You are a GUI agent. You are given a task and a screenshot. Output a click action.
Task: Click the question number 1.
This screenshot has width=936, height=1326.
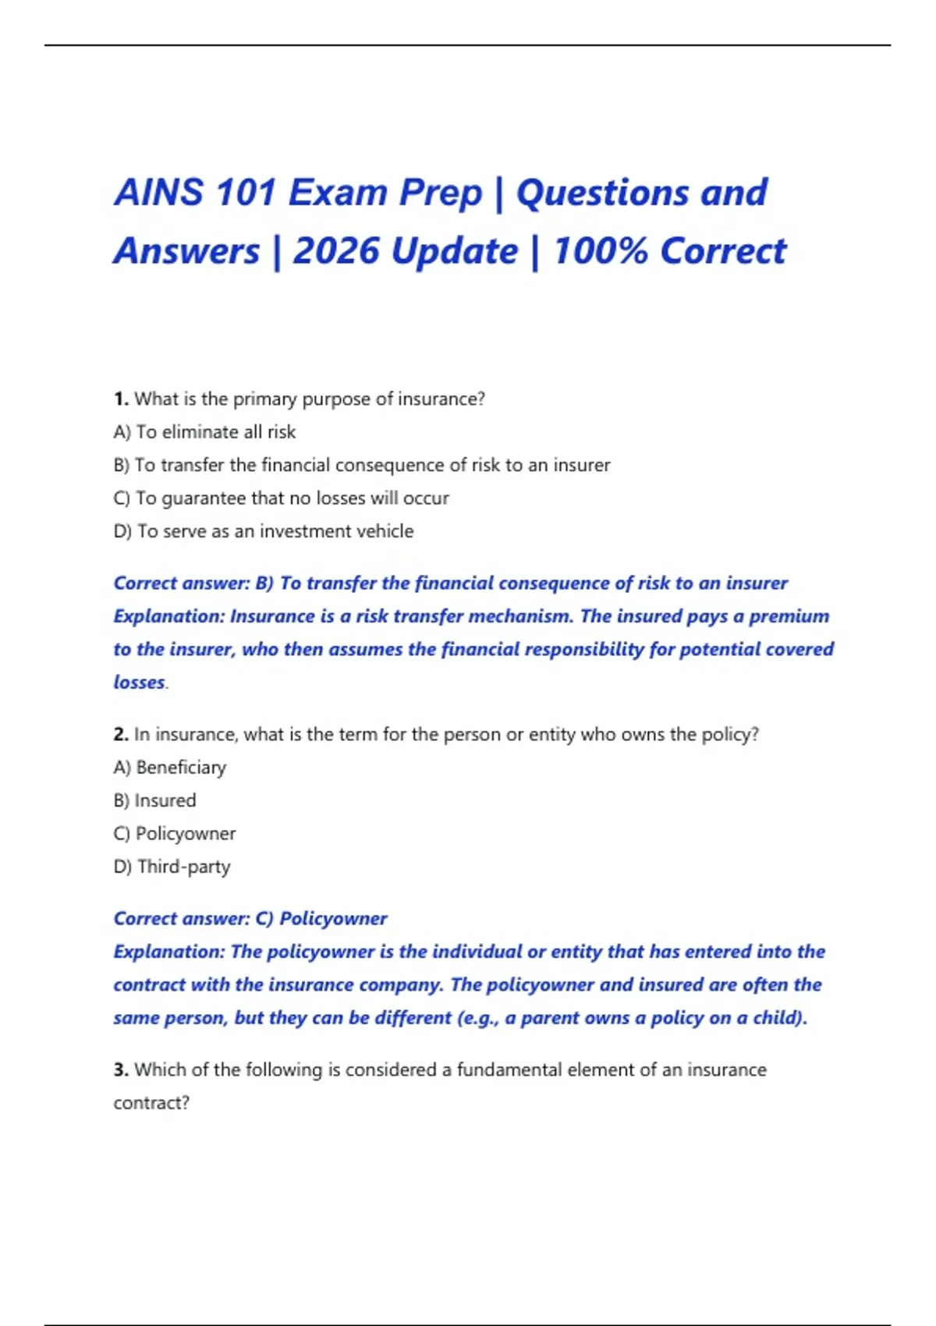[x=120, y=399]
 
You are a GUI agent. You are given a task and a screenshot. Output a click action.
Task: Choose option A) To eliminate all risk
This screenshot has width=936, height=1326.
[x=204, y=432]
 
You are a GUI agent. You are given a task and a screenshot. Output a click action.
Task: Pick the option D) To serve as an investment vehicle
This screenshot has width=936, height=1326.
[x=264, y=531]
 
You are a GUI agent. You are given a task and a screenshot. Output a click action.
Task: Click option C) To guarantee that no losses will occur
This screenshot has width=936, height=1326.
[x=281, y=498]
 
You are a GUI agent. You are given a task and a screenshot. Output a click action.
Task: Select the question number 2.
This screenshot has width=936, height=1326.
[x=120, y=735]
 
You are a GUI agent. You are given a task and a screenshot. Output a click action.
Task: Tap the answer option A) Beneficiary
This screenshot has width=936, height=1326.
[x=170, y=768]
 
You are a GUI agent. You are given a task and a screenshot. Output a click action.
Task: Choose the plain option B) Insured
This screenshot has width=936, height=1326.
[x=154, y=801]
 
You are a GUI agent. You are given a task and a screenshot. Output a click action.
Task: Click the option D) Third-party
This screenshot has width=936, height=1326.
[x=172, y=867]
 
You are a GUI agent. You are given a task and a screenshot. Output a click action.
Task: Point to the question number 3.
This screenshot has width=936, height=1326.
[x=120, y=1070]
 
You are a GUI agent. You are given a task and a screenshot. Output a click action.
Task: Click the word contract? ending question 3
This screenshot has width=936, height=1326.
[x=151, y=1103]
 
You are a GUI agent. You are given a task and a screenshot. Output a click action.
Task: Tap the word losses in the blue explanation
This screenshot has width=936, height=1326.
[x=139, y=682]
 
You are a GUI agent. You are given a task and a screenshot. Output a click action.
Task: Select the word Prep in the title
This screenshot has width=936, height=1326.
[x=441, y=193]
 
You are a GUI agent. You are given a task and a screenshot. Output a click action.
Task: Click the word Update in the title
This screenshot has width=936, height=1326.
[x=455, y=251]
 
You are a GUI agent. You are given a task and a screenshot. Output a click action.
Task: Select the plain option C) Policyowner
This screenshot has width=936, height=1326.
[x=175, y=834]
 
